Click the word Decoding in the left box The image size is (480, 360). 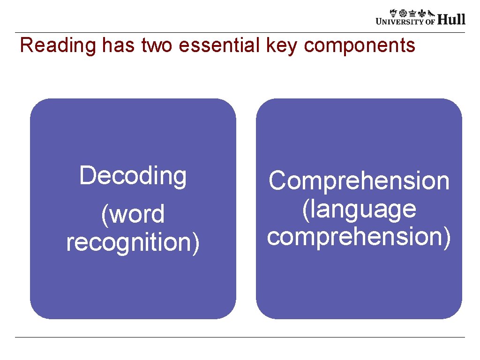tap(133, 176)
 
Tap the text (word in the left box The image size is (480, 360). tap(133, 215)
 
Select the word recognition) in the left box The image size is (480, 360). tap(133, 242)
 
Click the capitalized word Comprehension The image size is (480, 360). tap(359, 181)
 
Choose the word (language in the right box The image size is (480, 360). tap(359, 209)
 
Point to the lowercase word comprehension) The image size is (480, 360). tap(359, 236)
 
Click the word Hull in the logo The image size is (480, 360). tap(452, 19)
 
